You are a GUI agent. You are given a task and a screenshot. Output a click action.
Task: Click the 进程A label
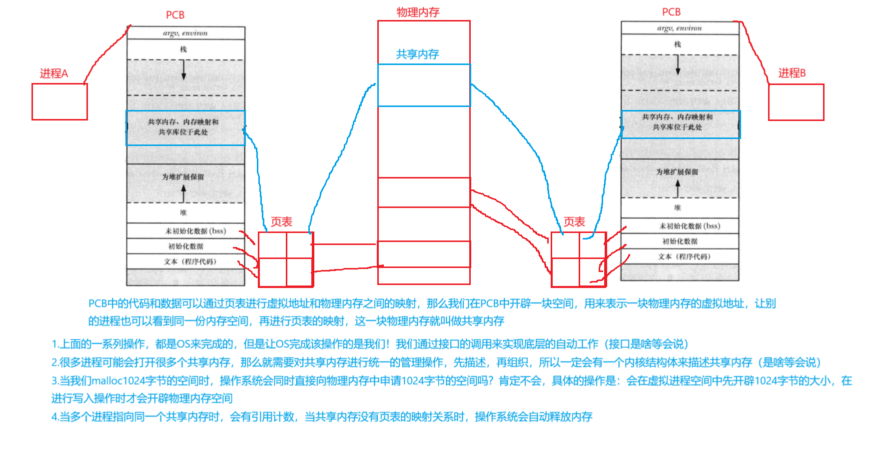pyautogui.click(x=53, y=73)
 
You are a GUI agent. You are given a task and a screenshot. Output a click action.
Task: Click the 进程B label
pyautogui.click(x=792, y=73)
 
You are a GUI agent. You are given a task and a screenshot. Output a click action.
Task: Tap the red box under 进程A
pyautogui.click(x=59, y=101)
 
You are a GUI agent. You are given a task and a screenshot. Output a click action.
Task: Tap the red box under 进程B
pyautogui.click(x=796, y=102)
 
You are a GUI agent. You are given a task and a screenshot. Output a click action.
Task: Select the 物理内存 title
pyautogui.click(x=418, y=12)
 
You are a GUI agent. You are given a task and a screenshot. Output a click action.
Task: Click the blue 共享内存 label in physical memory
pyautogui.click(x=417, y=54)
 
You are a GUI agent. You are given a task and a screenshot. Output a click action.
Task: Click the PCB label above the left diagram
pyautogui.click(x=175, y=15)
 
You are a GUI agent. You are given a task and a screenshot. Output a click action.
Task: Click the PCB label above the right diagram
pyautogui.click(x=671, y=12)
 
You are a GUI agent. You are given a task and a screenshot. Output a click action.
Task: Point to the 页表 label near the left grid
pyautogui.click(x=281, y=222)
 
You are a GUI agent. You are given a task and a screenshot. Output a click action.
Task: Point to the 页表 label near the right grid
pyautogui.click(x=574, y=222)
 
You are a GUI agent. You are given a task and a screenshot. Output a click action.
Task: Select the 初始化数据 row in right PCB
pyautogui.click(x=680, y=241)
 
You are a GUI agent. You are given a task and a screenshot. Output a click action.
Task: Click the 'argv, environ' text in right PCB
pyautogui.click(x=679, y=28)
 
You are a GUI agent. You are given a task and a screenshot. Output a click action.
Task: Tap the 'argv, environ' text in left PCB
pyautogui.click(x=185, y=33)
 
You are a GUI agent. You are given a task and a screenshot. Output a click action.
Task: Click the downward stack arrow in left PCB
pyautogui.click(x=183, y=70)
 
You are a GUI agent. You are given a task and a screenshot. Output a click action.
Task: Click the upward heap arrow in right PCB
pyautogui.click(x=678, y=188)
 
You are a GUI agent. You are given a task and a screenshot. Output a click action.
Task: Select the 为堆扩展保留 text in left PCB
pyautogui.click(x=183, y=177)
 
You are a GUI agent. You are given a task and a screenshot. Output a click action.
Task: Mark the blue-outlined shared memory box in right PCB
pyautogui.click(x=680, y=124)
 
